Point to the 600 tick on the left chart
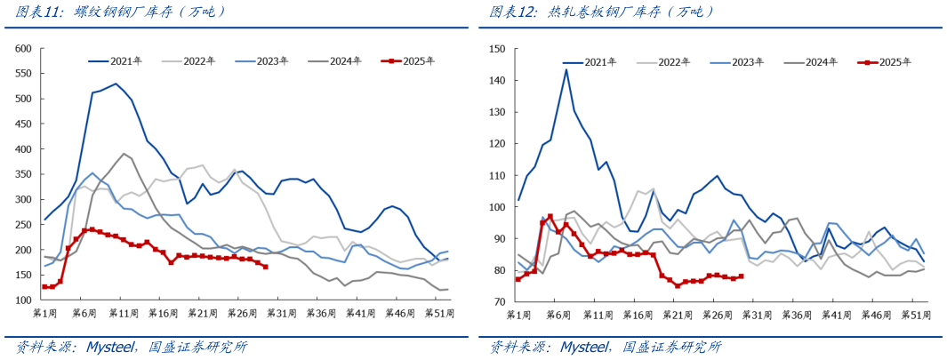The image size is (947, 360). [23, 49]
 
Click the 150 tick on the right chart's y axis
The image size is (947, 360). [497, 49]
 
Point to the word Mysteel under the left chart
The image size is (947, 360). [114, 347]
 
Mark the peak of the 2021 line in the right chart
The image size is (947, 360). [566, 69]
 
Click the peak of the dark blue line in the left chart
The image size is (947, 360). [116, 84]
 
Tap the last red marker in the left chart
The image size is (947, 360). [265, 267]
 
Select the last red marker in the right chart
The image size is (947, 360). [741, 276]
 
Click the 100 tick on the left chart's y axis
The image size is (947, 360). [23, 300]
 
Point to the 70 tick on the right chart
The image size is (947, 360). [500, 302]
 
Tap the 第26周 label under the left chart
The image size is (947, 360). [240, 314]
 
